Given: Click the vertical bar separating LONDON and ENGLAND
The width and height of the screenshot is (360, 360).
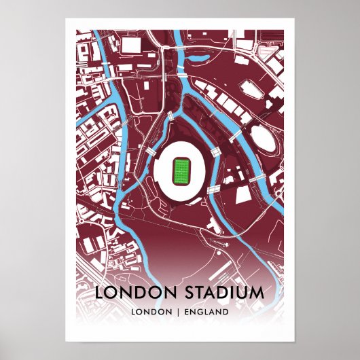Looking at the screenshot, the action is pyautogui.click(x=179, y=312).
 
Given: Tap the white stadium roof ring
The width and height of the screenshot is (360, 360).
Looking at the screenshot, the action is pyautogui.click(x=163, y=181).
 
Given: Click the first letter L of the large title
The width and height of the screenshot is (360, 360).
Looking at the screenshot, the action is pyautogui.click(x=100, y=293).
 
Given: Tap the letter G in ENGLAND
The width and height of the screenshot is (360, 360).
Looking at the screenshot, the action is pyautogui.click(x=200, y=312).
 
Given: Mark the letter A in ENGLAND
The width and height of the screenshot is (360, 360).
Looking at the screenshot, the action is pyautogui.click(x=212, y=312).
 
